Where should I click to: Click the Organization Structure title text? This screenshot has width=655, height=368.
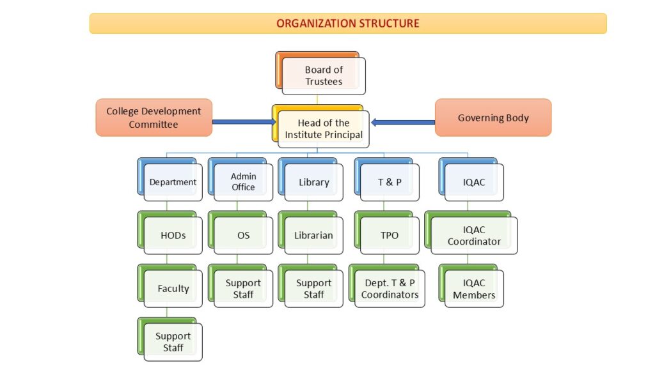click(x=348, y=24)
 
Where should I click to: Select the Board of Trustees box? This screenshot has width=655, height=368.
click(x=324, y=76)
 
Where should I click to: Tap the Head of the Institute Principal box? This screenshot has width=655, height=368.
click(x=324, y=129)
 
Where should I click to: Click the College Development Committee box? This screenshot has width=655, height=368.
click(x=154, y=118)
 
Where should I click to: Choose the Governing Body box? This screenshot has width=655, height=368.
click(x=493, y=118)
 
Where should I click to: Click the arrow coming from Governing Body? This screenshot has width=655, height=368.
click(x=403, y=121)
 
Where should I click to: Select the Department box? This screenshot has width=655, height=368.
click(x=173, y=182)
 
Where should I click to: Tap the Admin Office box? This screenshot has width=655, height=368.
click(x=243, y=182)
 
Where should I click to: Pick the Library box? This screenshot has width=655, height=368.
click(x=314, y=183)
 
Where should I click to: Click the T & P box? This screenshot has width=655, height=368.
click(x=390, y=183)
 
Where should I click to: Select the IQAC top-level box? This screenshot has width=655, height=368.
click(x=474, y=183)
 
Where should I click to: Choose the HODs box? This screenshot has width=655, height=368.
click(x=173, y=235)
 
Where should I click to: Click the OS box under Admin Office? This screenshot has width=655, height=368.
click(x=243, y=235)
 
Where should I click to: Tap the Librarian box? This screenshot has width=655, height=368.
click(x=313, y=235)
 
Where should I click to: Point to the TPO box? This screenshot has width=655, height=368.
click(x=390, y=235)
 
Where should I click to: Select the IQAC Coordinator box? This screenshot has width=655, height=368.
click(x=474, y=236)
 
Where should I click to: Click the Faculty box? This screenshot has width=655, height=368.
click(x=173, y=289)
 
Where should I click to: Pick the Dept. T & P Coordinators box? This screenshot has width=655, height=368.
click(x=390, y=289)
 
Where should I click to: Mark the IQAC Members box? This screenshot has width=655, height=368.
click(x=474, y=289)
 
